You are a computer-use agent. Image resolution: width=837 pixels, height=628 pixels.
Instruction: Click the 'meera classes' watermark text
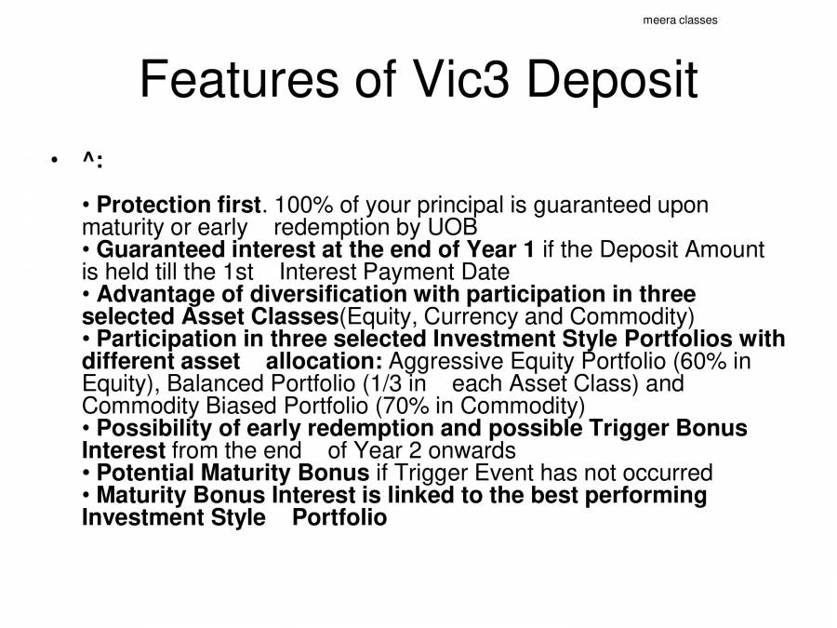tap(680, 20)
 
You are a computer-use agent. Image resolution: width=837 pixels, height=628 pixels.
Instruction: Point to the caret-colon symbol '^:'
tap(91, 162)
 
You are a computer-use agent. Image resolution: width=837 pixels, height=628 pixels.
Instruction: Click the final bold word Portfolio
tap(339, 518)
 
